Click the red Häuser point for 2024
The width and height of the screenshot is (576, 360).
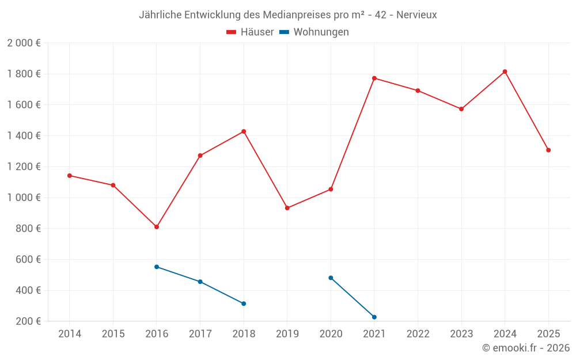505,71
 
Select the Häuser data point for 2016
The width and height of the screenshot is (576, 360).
157,227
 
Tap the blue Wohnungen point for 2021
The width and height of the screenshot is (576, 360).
374,317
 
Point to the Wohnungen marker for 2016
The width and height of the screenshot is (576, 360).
157,267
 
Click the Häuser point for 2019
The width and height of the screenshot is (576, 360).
287,208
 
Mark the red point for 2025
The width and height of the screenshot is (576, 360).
548,150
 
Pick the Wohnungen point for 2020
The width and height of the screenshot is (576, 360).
331,278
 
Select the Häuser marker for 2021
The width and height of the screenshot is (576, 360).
374,78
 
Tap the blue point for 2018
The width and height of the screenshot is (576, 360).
244,304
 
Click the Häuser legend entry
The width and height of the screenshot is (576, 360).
250,32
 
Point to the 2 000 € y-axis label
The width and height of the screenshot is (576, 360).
24,43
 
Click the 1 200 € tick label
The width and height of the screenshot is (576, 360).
24,166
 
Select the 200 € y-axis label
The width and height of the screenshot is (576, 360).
28,321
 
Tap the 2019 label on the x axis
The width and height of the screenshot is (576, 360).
287,334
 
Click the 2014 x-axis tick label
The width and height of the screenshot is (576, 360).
70,334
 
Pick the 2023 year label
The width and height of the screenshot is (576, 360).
461,334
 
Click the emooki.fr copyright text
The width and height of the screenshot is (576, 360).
526,348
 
